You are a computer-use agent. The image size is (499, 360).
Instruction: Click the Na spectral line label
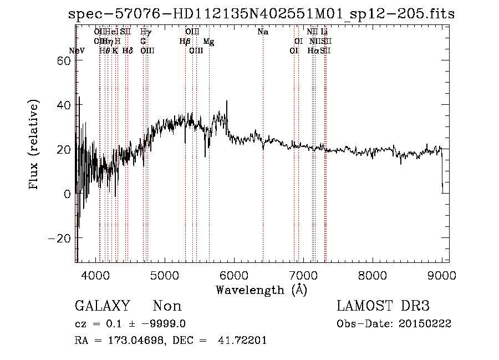tap(263, 32)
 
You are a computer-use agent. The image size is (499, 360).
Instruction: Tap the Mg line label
tap(208, 42)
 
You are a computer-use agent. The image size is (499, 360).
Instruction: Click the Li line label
tap(324, 32)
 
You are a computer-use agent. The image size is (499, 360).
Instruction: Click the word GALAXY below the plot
tap(102, 306)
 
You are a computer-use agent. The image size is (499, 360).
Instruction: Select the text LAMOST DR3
tap(383, 306)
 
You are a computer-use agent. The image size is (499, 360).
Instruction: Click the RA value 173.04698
tap(135, 341)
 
